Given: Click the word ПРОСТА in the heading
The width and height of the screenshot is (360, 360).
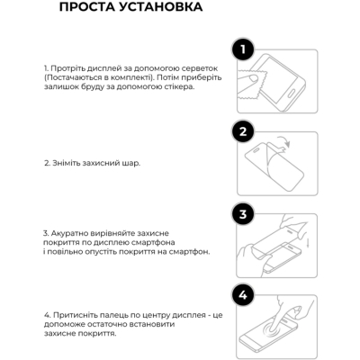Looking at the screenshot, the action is [x=86, y=7].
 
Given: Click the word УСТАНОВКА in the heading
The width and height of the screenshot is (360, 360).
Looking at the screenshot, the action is [x=161, y=7].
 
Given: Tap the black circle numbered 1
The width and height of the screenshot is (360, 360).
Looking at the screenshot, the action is [x=243, y=49].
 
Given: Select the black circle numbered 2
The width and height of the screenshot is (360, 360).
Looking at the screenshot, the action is [x=243, y=131].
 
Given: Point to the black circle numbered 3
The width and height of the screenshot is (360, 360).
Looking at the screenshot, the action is [x=243, y=214].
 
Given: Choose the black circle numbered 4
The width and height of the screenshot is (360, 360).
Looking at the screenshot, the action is [x=243, y=295].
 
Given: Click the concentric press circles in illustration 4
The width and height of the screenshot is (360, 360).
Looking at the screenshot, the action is [x=273, y=331].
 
